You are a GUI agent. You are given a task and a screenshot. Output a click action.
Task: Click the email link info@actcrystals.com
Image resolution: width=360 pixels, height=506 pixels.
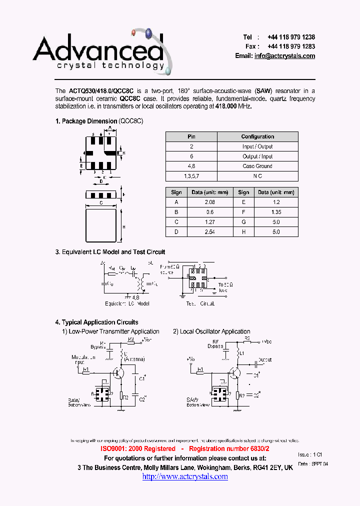point(284,56)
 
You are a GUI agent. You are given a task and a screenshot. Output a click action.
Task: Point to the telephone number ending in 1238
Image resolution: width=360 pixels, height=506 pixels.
point(291,37)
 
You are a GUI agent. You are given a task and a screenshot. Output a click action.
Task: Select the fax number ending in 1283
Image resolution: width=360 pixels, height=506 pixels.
point(291,46)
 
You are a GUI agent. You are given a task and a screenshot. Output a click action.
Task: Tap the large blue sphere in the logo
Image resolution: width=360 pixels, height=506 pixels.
point(148,34)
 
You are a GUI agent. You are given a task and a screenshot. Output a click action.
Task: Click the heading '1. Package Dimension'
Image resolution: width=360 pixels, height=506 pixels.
point(86,121)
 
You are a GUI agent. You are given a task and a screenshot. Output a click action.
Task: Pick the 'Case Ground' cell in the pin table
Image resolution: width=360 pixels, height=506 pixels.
point(257,166)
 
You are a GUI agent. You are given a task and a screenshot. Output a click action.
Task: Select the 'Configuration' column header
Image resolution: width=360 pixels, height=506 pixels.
point(257,136)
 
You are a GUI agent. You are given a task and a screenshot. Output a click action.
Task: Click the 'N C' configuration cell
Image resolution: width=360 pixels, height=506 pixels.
point(257,176)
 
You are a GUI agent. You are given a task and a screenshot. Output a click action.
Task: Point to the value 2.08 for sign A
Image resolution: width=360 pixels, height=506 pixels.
point(209,202)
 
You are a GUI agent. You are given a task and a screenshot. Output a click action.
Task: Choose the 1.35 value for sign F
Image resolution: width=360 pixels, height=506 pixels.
point(276,212)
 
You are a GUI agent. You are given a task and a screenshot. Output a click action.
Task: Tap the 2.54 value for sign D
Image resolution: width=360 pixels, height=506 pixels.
point(209,232)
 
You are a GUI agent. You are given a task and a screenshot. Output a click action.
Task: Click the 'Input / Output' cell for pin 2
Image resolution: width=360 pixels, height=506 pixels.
point(257,146)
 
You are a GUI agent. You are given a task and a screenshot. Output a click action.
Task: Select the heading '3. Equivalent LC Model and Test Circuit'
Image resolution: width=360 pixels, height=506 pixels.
point(110,252)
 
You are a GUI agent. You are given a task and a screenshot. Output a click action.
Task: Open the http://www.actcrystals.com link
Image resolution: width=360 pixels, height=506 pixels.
point(185,477)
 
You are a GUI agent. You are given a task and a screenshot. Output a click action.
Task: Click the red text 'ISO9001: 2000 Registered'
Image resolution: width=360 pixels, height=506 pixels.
point(138,449)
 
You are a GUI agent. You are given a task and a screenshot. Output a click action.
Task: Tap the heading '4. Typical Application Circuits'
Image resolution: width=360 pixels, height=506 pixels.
point(96,322)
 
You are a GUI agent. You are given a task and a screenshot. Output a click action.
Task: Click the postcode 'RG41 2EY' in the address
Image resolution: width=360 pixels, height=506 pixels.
point(268,467)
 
